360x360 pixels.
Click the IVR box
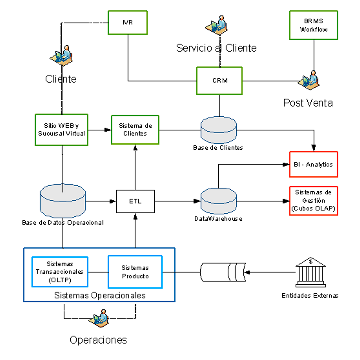point(127,22)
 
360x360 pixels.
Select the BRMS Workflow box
point(313,25)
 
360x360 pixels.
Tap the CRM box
point(219,81)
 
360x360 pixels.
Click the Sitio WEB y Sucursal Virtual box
point(61,130)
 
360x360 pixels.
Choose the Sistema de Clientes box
point(135,130)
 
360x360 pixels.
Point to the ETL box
point(135,201)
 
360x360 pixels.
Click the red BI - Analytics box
point(313,164)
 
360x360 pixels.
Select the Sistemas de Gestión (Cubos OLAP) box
point(313,201)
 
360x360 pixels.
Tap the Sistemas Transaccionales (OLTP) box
point(60,272)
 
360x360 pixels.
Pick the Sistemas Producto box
point(135,272)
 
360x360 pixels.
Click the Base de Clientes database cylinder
point(218,130)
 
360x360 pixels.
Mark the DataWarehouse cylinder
point(218,201)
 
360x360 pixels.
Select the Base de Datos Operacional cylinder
point(63,201)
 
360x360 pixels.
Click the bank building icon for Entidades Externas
point(310,272)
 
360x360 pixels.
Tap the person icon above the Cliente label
point(62,55)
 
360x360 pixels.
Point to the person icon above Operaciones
point(99,318)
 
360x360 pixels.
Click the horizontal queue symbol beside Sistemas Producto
point(223,272)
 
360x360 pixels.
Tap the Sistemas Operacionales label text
point(100,295)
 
